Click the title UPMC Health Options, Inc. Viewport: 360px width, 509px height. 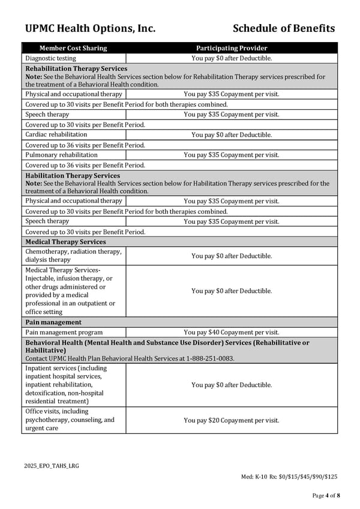pos(90,28)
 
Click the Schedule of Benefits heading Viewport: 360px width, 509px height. pos(283,28)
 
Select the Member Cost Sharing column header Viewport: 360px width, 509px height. pos(73,48)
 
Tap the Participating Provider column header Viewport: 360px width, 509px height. pos(232,48)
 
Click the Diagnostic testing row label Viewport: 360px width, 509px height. pos(50,58)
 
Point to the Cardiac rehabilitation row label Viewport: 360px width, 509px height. pos(56,134)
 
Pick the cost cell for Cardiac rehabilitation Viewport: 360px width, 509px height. pos(232,135)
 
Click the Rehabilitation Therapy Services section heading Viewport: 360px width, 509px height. pos(76,69)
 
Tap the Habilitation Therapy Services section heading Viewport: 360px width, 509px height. pos(73,176)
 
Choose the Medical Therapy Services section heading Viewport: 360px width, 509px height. pos(65,242)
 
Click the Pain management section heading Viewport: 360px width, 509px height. pos(53,322)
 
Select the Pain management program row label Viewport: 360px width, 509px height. pos(64,332)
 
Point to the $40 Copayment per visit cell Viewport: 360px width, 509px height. pos(232,333)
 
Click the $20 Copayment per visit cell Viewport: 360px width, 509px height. pos(232,420)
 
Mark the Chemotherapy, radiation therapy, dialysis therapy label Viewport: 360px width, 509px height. pos(73,256)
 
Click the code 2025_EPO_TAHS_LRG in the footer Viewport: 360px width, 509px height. pos(52,466)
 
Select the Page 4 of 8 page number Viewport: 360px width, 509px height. pos(326,495)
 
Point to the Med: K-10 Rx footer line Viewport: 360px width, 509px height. pos(289,477)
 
